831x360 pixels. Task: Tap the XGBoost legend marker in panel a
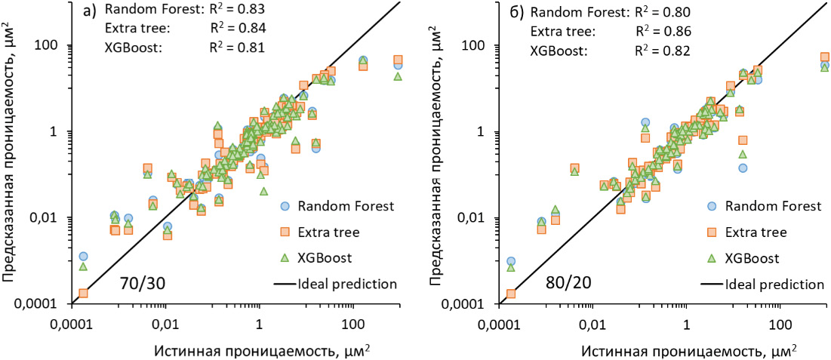point(286,257)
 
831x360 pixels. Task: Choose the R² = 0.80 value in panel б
point(663,12)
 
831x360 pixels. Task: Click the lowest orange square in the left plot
point(84,293)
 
